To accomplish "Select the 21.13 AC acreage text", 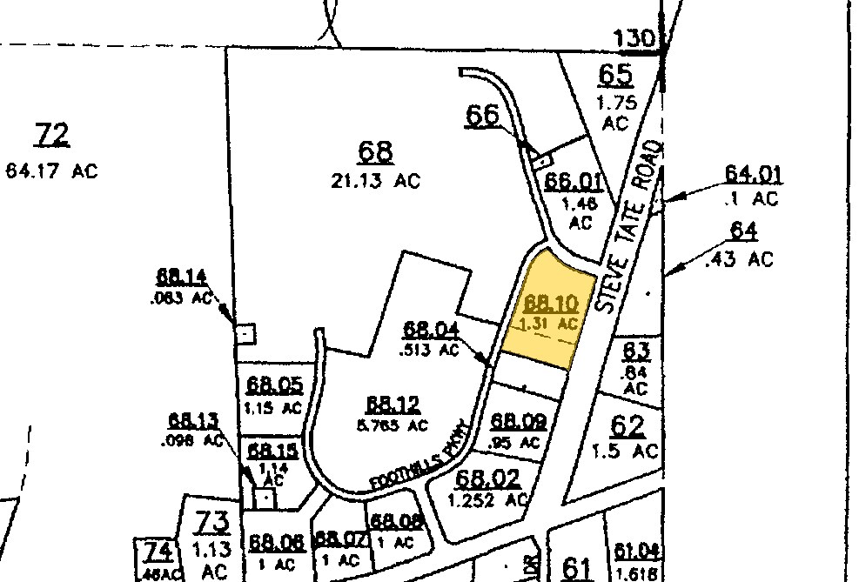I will (377, 181).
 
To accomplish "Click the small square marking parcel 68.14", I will (246, 333).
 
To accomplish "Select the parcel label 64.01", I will (754, 174).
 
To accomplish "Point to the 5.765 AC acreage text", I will (393, 425).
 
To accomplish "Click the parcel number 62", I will (628, 426).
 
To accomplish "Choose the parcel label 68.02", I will (488, 478).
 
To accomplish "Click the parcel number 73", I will (211, 522).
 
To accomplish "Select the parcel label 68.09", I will (519, 422).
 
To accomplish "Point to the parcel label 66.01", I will (574, 181).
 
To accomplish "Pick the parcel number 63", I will (636, 351).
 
